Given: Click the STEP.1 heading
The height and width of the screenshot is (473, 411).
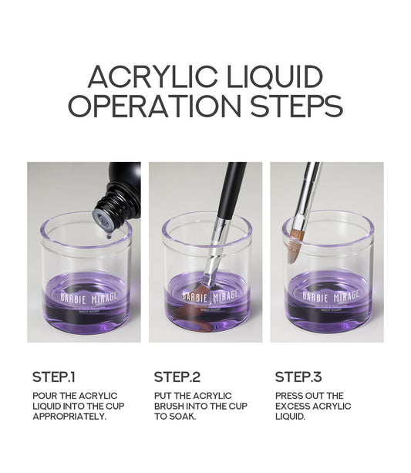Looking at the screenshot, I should pyautogui.click(x=54, y=377).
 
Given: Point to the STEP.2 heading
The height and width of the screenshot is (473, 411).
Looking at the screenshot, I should pyautogui.click(x=177, y=377).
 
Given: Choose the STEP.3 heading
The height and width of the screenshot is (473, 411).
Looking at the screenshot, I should pyautogui.click(x=298, y=377).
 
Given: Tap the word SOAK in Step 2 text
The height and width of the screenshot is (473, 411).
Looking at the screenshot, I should pyautogui.click(x=185, y=417).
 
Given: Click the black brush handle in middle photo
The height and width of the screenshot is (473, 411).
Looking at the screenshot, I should pyautogui.click(x=231, y=189).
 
